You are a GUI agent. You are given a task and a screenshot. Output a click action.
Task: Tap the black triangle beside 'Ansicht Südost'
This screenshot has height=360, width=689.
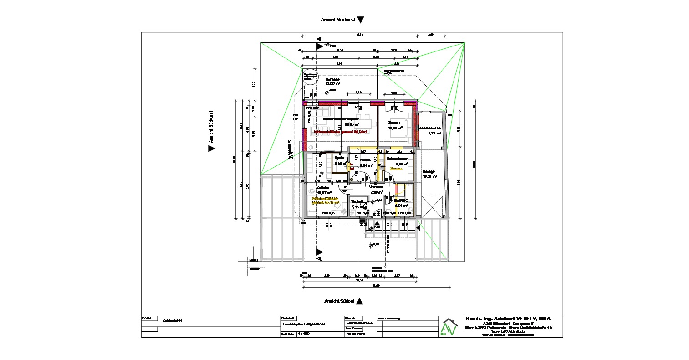(359, 301)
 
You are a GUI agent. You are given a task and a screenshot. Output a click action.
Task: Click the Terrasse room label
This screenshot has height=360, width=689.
(332, 79)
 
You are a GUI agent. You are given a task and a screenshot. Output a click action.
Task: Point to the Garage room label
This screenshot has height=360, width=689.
(429, 172)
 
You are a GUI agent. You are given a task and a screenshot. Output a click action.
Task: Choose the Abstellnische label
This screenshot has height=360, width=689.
(430, 128)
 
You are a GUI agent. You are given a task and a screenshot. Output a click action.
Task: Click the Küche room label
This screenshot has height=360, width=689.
(365, 160)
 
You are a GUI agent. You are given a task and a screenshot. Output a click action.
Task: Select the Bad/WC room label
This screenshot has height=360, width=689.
(401, 201)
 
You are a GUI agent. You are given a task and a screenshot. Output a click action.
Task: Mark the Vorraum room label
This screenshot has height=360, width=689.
(376, 187)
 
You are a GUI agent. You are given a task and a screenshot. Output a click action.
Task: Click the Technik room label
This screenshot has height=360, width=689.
(357, 201)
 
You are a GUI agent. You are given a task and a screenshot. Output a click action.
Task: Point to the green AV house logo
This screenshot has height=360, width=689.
(449, 327)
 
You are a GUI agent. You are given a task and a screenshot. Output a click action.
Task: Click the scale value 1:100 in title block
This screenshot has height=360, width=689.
(303, 334)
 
